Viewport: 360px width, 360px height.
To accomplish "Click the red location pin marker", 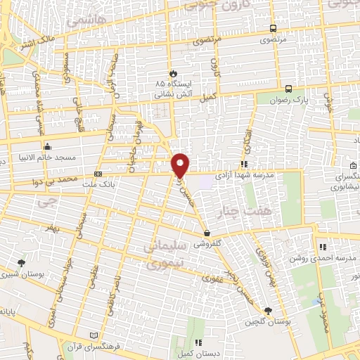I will (x=181, y=165).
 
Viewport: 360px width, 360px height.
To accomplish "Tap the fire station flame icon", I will (x=173, y=72).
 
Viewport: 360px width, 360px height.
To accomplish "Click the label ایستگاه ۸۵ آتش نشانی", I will (x=172, y=87).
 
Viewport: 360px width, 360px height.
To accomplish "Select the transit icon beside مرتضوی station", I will (x=273, y=29).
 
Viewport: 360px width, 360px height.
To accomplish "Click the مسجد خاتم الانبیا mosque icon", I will (x=47, y=147).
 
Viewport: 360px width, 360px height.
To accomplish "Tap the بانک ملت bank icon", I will (x=98, y=174).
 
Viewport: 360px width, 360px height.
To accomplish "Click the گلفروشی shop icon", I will (x=206, y=233).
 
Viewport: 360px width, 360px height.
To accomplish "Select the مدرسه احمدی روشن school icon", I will (x=323, y=247).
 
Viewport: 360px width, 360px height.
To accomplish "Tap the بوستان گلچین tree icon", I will (x=267, y=311).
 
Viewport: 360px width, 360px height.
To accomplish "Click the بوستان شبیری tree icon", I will (x=21, y=262).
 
